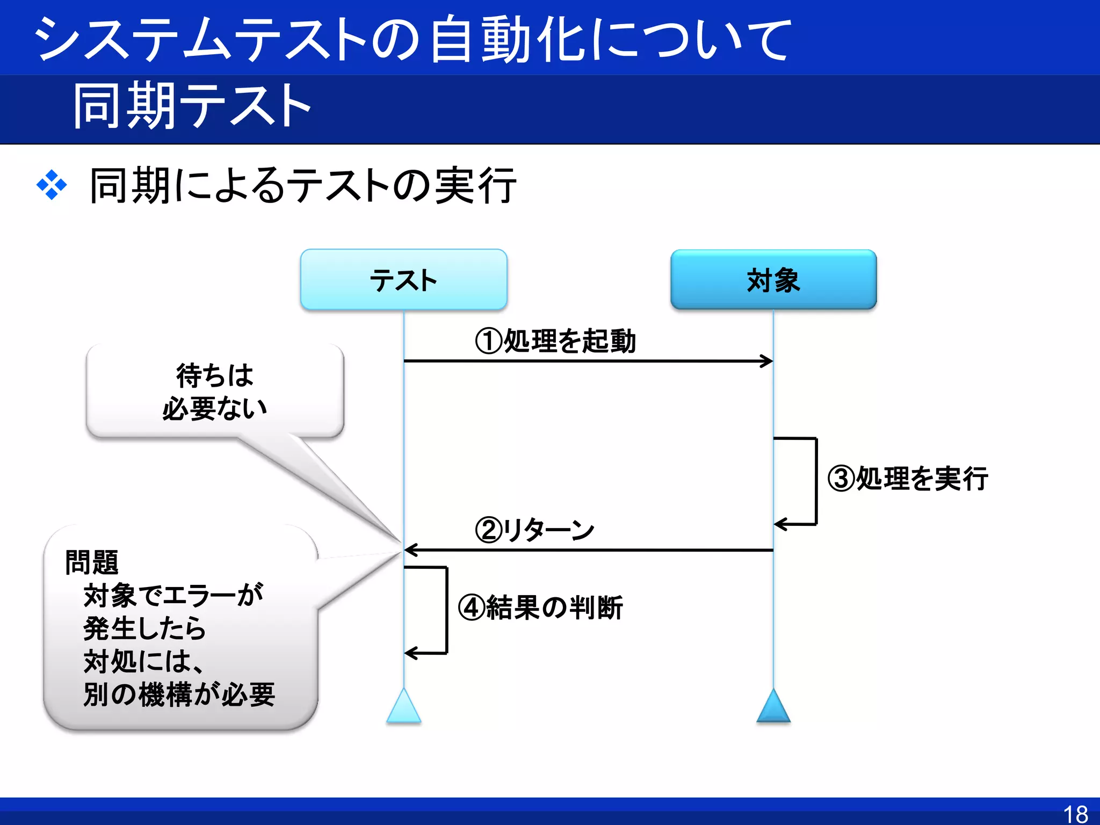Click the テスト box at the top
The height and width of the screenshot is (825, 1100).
pos(403,280)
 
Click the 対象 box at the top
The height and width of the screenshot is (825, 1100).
pos(773,280)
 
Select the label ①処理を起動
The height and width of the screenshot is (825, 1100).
pos(555,341)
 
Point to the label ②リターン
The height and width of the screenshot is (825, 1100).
pos(535,530)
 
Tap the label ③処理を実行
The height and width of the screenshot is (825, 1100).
pos(908,478)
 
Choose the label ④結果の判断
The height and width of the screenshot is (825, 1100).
pos(540,607)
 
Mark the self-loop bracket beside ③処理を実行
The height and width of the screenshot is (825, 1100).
pos(816,481)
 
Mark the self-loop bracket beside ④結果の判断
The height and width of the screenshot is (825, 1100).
pos(446,610)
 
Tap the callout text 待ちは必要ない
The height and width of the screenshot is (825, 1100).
pos(215,392)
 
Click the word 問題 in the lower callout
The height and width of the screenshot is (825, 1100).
pos(92,562)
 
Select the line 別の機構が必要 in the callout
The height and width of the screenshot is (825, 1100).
pos(179,694)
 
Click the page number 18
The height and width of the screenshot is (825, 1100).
pos(1075,814)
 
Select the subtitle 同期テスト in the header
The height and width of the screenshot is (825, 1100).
pos(192,106)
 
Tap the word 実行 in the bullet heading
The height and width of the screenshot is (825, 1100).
pos(475,185)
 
